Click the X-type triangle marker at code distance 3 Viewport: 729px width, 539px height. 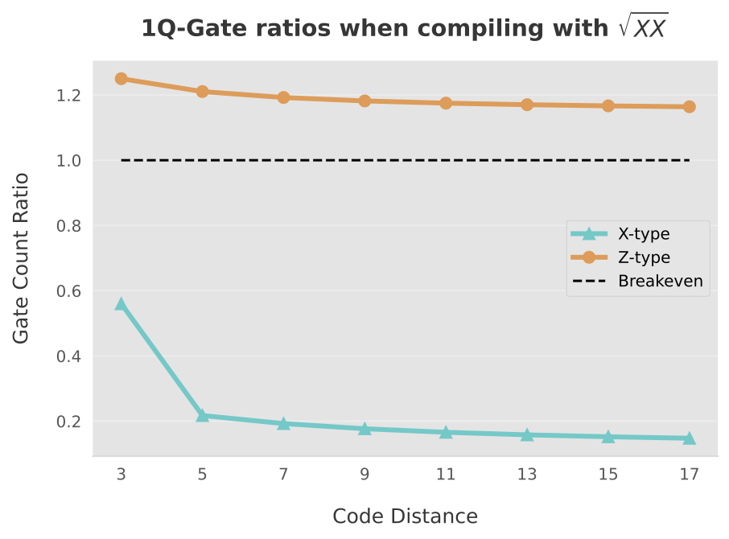tap(121, 304)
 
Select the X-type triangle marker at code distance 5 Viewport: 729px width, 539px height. tap(202, 415)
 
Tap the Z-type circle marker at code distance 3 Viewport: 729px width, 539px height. tap(121, 79)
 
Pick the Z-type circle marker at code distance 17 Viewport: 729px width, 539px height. tap(689, 106)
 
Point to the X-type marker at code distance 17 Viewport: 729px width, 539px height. tap(689, 438)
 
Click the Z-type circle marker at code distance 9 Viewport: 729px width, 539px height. tap(364, 101)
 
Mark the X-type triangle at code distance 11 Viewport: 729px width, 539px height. tap(446, 432)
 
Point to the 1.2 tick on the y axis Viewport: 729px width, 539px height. tap(69, 96)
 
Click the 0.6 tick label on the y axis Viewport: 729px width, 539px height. tap(69, 291)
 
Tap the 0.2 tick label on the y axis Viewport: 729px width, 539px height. tap(69, 422)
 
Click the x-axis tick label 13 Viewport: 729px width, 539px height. tap(527, 475)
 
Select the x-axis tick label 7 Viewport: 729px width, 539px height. tap(283, 475)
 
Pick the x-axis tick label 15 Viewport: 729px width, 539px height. tap(608, 475)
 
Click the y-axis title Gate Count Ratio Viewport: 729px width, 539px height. tap(22, 257)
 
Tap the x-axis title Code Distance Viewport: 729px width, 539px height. tap(405, 516)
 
